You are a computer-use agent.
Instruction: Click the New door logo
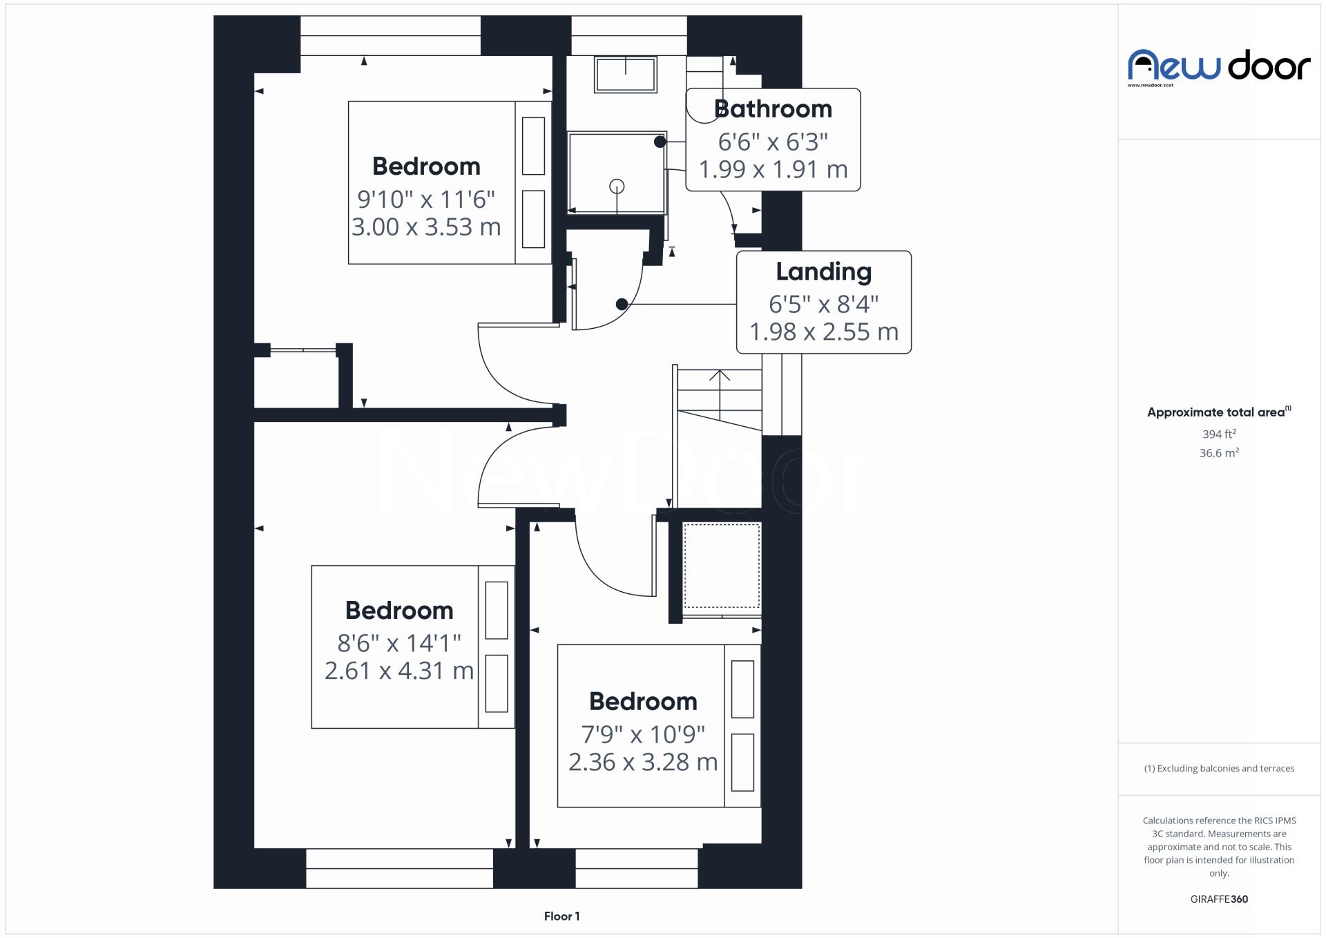point(1219,67)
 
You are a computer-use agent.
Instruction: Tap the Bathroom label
point(773,109)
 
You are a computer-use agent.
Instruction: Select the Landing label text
point(823,271)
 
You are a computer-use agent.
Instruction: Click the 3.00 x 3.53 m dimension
point(426,227)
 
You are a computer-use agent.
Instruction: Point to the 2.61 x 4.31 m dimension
point(399,671)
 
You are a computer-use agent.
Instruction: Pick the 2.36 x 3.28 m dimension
point(643,762)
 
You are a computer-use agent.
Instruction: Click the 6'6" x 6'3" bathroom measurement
point(773,142)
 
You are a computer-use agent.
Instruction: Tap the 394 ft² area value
point(1219,434)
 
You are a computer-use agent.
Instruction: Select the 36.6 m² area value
point(1219,453)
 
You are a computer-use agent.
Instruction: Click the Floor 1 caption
point(561,917)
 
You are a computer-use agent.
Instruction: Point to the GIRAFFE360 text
point(1219,899)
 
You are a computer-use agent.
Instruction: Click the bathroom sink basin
point(626,74)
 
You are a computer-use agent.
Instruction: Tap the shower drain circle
point(617,186)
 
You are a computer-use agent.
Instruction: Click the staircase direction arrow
point(720,376)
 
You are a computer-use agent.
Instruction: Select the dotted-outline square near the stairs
point(722,566)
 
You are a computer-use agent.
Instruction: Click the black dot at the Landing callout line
point(622,304)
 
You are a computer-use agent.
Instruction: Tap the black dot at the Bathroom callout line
point(660,142)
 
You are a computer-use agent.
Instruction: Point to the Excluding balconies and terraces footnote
point(1219,769)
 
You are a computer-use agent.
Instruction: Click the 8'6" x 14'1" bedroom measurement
point(399,644)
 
